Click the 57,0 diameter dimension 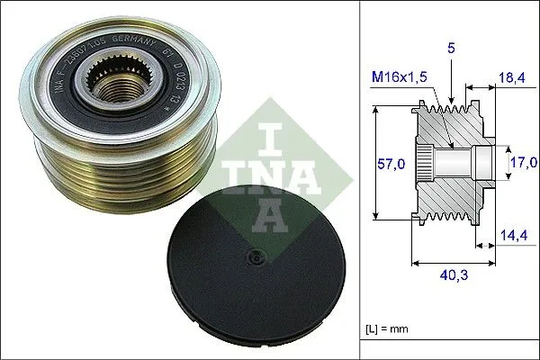tap(385, 163)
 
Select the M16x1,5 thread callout tap(400, 78)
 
